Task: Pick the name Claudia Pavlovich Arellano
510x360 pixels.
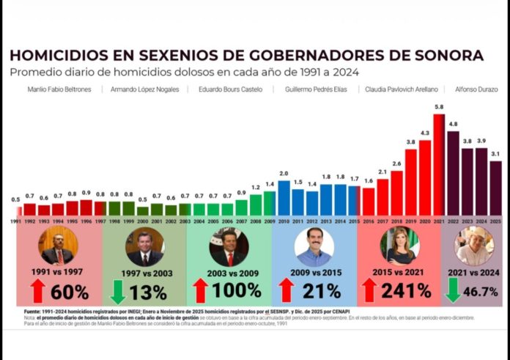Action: tap(399, 89)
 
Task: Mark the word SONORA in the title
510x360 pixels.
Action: tap(451, 56)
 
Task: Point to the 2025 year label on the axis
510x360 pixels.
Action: tap(496, 221)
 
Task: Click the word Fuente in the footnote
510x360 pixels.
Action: tap(34, 311)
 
